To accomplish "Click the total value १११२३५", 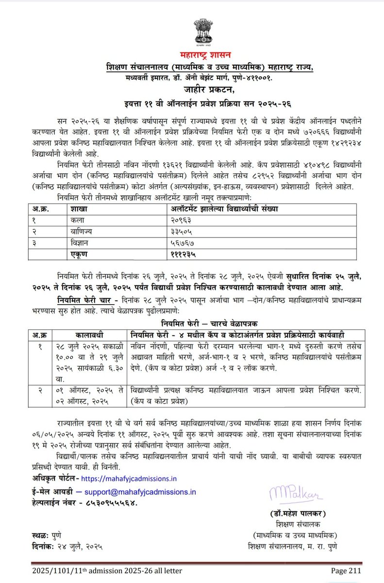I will (x=184, y=254).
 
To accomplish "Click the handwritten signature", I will (x=290, y=497).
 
